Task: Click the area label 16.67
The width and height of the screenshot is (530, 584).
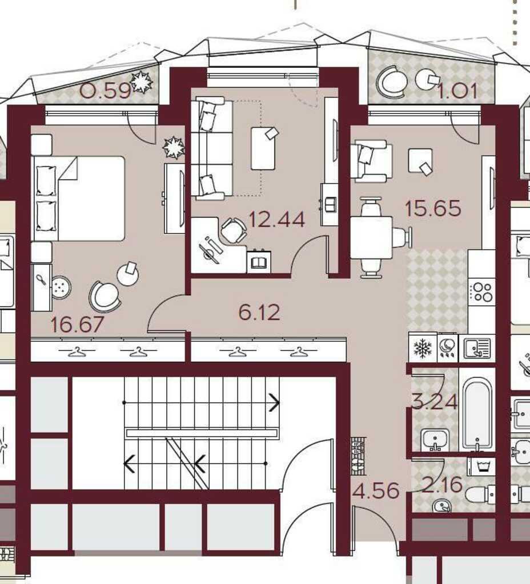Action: point(77,325)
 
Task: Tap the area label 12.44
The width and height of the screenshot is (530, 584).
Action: point(276,220)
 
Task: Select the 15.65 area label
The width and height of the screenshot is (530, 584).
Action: point(433,208)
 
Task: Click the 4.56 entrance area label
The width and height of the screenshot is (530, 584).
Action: point(376,490)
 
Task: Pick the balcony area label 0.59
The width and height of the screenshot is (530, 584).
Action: point(106,91)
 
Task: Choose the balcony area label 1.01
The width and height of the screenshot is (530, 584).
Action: point(457,91)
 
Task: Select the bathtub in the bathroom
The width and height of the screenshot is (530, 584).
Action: point(477,414)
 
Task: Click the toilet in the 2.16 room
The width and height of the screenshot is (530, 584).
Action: point(480,494)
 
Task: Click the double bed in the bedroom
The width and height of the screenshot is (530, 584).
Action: point(79,198)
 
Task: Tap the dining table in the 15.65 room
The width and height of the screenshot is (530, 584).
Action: point(371,238)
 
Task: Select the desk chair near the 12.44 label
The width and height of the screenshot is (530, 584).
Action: point(234,230)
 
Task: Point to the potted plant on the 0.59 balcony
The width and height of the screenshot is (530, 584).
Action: point(142,82)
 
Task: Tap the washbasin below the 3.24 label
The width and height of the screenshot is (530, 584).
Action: point(435,439)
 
